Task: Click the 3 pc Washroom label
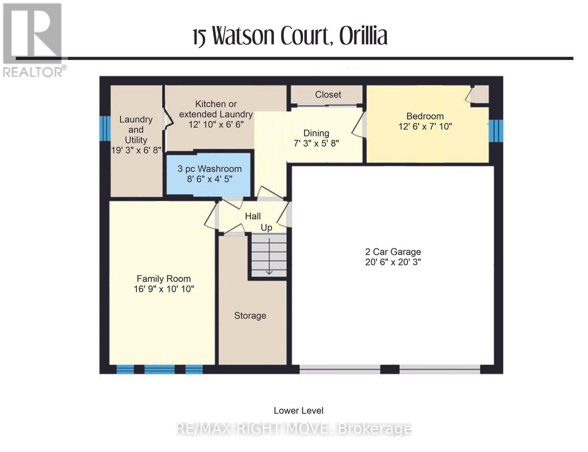click(x=209, y=169)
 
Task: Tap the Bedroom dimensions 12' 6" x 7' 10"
click(x=425, y=127)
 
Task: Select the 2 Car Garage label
click(x=393, y=252)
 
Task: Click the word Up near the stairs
click(x=266, y=228)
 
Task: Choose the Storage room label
click(x=250, y=316)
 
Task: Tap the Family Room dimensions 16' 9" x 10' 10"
click(x=164, y=289)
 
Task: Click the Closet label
click(x=328, y=95)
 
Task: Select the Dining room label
click(x=316, y=133)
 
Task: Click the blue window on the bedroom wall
click(x=495, y=131)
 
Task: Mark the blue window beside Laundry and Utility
click(x=105, y=128)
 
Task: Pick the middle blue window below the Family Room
click(x=159, y=370)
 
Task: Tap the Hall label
click(x=253, y=216)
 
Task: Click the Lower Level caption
click(x=298, y=411)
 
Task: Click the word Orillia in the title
click(x=363, y=37)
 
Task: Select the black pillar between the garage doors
click(x=389, y=370)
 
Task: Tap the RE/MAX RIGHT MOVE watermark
click(x=294, y=429)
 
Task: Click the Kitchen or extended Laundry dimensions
click(x=216, y=124)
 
